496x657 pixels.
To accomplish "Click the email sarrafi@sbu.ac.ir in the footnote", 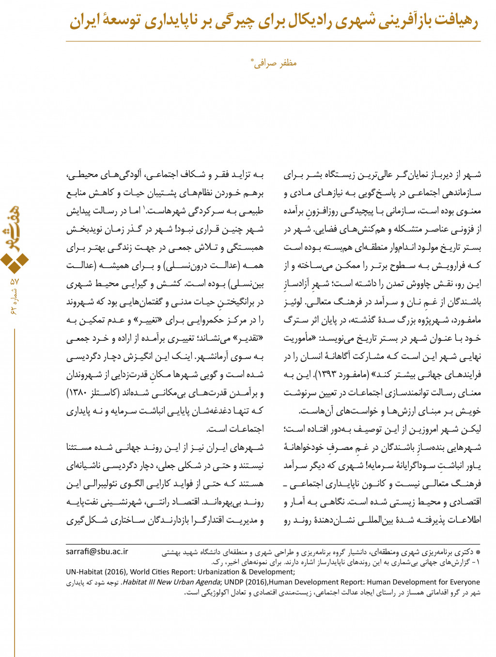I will pyautogui.click(x=97, y=551).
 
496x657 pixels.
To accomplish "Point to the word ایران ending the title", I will pyautogui.click(x=84, y=21).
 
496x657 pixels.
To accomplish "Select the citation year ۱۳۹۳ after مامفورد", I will pyautogui.click(x=327, y=375).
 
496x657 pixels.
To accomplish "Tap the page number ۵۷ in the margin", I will pyautogui.click(x=14, y=281).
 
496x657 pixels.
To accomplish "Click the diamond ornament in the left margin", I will pyautogui.click(x=15, y=262).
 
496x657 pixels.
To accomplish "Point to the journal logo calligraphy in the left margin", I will pyautogui.click(x=15, y=228).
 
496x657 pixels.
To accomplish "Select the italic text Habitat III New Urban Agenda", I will pyautogui.click(x=171, y=582).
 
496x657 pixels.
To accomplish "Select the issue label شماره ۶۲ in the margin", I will pyautogui.click(x=14, y=302).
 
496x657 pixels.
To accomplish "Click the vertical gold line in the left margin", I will pyautogui.click(x=15, y=485).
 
